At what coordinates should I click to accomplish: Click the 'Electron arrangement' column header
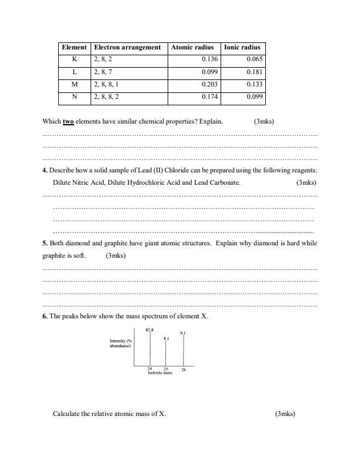tap(128, 47)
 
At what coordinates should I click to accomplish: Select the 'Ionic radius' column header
tap(242, 47)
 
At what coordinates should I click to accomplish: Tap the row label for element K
tap(75, 59)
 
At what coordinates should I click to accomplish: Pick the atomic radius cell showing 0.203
tap(209, 84)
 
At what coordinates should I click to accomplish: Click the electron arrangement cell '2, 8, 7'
tap(102, 72)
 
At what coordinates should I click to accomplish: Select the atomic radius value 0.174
tap(209, 96)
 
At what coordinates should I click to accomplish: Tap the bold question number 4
tap(45, 170)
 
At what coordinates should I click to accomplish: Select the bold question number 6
tap(45, 316)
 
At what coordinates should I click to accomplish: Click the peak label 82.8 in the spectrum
tap(149, 331)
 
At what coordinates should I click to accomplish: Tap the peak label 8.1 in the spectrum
tap(166, 339)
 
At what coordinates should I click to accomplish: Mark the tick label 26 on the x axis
tap(184, 370)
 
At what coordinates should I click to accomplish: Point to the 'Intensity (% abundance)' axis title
tap(121, 344)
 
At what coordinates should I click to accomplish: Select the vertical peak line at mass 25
tap(166, 354)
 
